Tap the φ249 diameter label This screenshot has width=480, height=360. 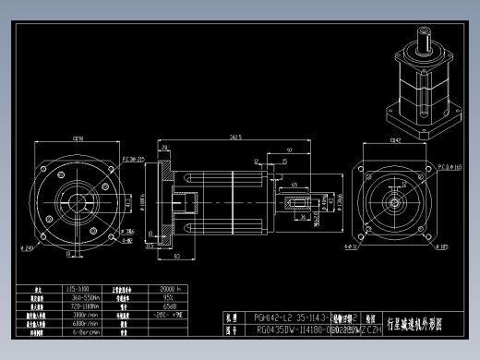[30, 248]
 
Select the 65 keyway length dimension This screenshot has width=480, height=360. [294, 186]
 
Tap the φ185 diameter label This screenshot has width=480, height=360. [443, 247]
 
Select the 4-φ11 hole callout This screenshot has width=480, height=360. [352, 247]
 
